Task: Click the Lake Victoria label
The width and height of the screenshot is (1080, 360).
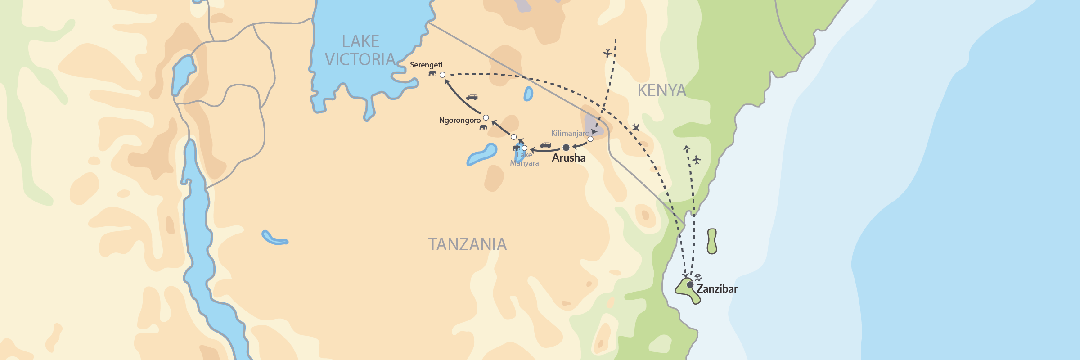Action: [x=360, y=50]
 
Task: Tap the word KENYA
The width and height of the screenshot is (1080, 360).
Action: [x=661, y=91]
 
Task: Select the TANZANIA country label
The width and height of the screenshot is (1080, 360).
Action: [x=467, y=244]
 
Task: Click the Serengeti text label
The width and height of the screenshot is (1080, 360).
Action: [x=426, y=65]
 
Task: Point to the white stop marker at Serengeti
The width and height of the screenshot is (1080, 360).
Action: [x=442, y=75]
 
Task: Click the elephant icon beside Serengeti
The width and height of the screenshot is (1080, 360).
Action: [x=432, y=73]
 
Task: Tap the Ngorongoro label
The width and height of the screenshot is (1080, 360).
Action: [x=459, y=120]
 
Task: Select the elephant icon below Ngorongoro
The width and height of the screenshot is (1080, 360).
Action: [x=483, y=127]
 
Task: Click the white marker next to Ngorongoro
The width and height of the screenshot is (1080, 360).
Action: [x=486, y=118]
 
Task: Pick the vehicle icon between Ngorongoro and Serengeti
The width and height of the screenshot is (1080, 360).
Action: [x=472, y=97]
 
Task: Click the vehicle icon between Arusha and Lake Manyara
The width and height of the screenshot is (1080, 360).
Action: [x=545, y=145]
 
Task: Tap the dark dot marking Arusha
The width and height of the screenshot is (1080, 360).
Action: [x=566, y=148]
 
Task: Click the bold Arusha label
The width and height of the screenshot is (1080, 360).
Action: [x=568, y=158]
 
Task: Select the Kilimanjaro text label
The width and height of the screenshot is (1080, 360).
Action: [x=570, y=133]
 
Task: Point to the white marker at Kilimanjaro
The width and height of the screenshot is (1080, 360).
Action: [x=590, y=139]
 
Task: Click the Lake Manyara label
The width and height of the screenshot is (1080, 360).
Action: [x=524, y=159]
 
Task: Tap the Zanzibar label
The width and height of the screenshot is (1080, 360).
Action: [x=717, y=289]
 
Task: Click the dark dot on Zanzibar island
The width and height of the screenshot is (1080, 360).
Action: [x=690, y=284]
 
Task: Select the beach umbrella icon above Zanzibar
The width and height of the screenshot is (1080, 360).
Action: [x=698, y=277]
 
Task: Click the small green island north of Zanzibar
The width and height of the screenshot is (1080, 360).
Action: [x=711, y=241]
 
